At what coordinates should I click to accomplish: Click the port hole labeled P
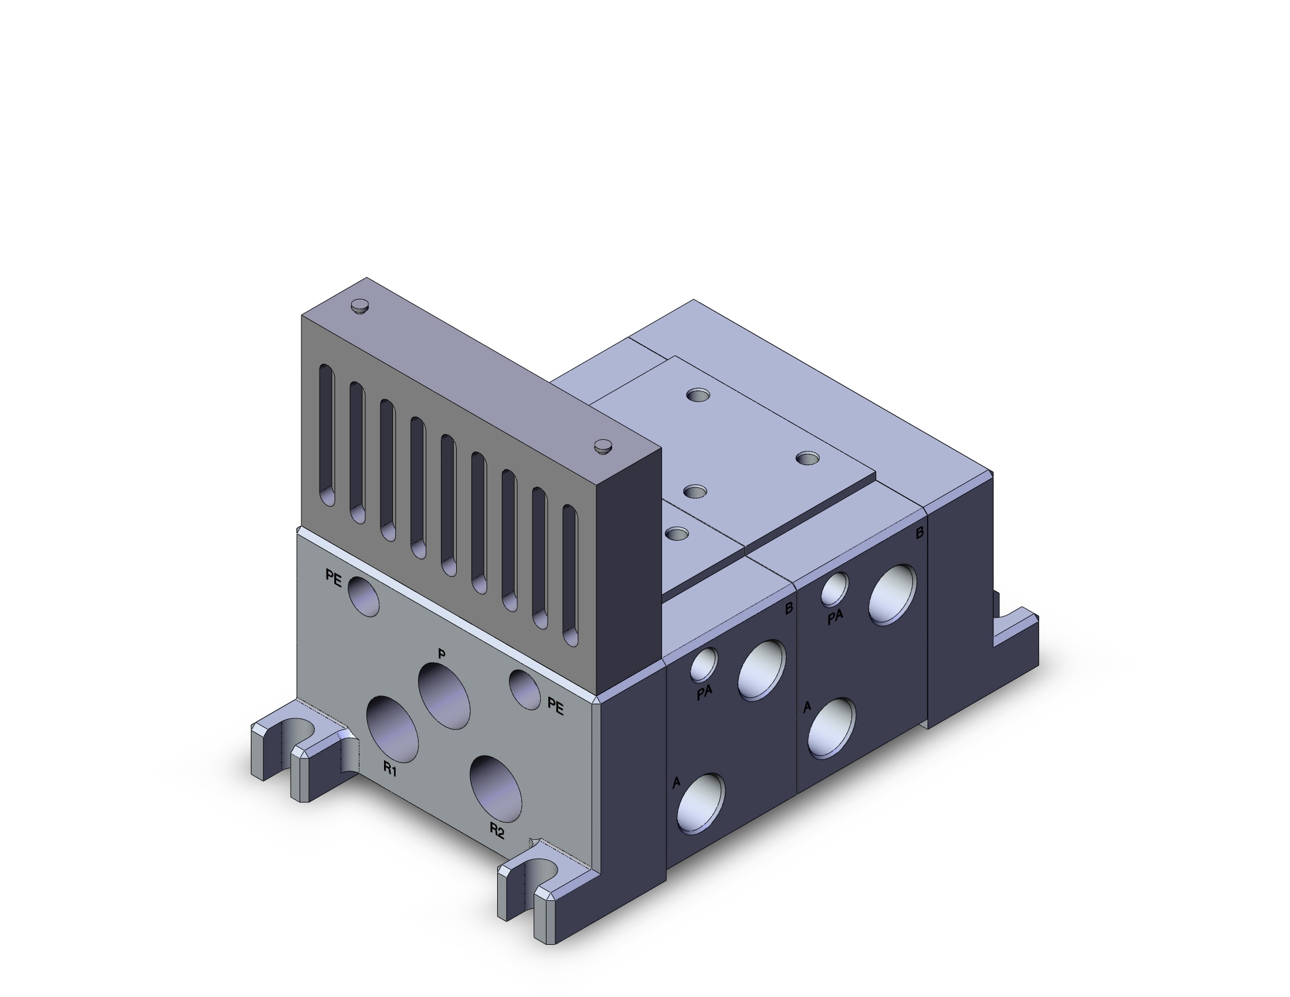(444, 695)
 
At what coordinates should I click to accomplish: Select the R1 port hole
(392, 729)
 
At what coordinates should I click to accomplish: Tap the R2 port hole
(495, 788)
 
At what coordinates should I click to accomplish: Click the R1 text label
(390, 769)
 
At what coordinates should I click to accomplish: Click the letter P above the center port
(441, 654)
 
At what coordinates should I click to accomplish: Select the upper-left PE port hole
(364, 596)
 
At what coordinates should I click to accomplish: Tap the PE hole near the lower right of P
(525, 689)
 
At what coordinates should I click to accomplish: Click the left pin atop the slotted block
(359, 306)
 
